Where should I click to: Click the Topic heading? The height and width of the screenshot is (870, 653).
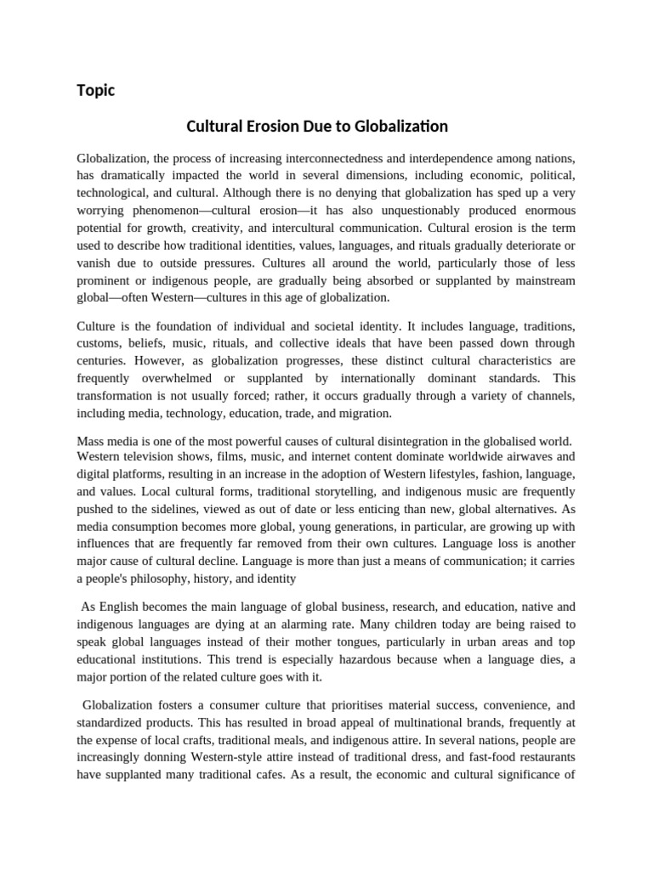coord(95,90)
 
